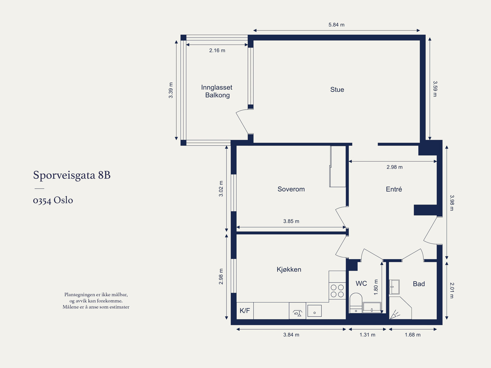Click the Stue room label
[337, 89]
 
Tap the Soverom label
[291, 189]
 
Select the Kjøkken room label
[289, 269]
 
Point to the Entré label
[394, 189]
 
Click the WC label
[361, 284]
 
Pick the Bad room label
[419, 284]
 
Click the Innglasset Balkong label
[217, 91]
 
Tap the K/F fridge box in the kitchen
[245, 311]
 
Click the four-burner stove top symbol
[337, 291]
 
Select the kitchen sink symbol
[315, 311]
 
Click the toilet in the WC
[356, 303]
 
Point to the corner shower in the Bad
[400, 308]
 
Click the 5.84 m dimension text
[336, 25]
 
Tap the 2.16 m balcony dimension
[217, 51]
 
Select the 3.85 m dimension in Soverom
[291, 221]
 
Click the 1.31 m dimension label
[367, 335]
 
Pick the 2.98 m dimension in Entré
[395, 167]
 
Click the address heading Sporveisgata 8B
[72, 175]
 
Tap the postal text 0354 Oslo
[53, 200]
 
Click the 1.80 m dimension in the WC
[376, 287]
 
